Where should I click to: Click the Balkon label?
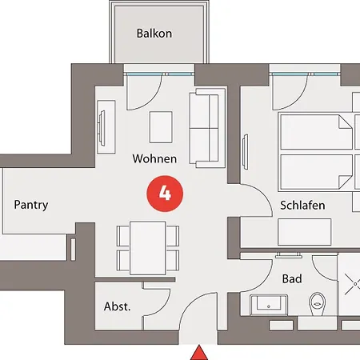pos(154,34)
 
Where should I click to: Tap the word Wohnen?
pos(154,158)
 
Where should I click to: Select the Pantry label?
pos(31,205)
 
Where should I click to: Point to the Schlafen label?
pos(302,206)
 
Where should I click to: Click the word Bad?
pos(292,279)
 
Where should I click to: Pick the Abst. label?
pos(118,306)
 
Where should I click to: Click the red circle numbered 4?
pos(165,194)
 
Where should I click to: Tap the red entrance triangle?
pos(199,353)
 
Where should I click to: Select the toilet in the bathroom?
pos(318,304)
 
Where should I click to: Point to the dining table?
pos(148,248)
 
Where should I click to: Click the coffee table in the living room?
pos(161,127)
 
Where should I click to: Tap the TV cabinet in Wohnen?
pos(106,127)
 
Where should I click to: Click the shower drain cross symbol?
pos(354,284)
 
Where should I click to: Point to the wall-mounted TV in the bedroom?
pos(245,151)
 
